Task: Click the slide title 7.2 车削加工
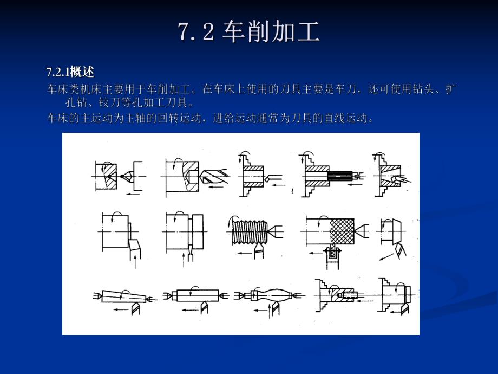point(249,33)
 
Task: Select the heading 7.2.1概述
point(70,72)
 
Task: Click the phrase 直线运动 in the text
point(348,118)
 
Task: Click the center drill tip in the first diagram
point(128,176)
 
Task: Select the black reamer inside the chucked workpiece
point(339,176)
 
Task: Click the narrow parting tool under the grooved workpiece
point(189,249)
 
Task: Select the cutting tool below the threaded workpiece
point(260,252)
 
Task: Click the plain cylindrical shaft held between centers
point(195,296)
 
